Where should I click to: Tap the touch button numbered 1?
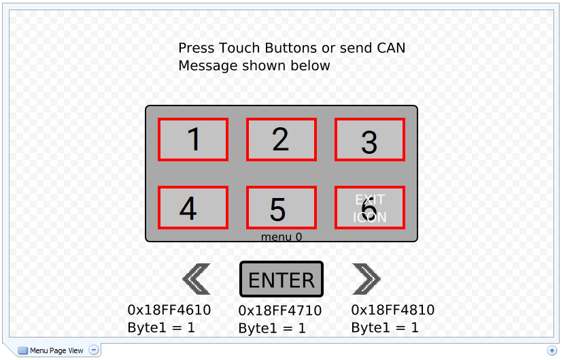(x=193, y=140)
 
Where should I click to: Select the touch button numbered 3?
(x=369, y=140)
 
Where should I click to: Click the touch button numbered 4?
(x=193, y=208)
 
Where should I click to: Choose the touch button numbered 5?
(x=281, y=208)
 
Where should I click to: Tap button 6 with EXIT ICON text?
(x=369, y=208)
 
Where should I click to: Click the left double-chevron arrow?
(x=197, y=279)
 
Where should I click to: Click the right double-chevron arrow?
(x=366, y=279)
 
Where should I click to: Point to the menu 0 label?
(x=281, y=237)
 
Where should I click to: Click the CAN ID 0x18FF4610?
(x=169, y=310)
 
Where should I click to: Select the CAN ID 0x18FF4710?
(x=280, y=311)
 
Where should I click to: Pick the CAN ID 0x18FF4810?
(x=393, y=310)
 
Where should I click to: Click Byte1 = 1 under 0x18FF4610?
(x=161, y=327)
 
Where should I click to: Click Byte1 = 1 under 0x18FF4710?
(x=272, y=328)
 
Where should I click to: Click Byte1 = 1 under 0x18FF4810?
(x=385, y=327)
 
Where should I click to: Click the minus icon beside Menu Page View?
(x=94, y=350)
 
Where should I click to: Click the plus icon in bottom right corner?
(x=551, y=350)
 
